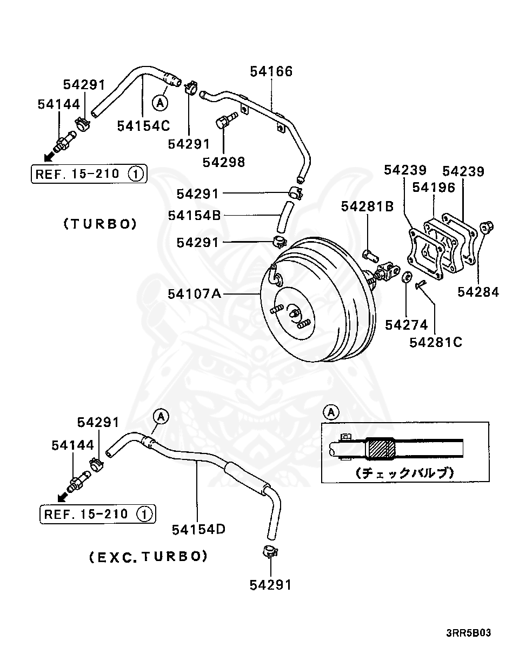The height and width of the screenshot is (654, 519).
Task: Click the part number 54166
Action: click(x=271, y=71)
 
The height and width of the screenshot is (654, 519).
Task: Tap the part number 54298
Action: click(x=224, y=162)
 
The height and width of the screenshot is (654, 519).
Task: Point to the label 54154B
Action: click(x=194, y=215)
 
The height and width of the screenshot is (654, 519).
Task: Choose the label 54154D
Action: click(x=198, y=529)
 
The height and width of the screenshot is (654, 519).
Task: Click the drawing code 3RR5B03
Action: click(x=469, y=633)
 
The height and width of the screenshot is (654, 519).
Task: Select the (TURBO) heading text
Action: click(x=100, y=224)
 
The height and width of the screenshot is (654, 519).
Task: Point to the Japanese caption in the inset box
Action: click(x=405, y=472)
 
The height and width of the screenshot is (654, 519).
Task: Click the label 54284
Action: click(x=478, y=292)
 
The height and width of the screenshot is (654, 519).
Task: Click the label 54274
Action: click(x=407, y=325)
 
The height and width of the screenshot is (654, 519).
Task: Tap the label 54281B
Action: click(x=368, y=206)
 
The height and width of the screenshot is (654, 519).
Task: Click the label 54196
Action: click(x=434, y=187)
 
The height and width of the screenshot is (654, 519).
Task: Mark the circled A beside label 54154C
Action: click(x=160, y=102)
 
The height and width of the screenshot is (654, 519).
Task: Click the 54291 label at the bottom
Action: click(x=270, y=584)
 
